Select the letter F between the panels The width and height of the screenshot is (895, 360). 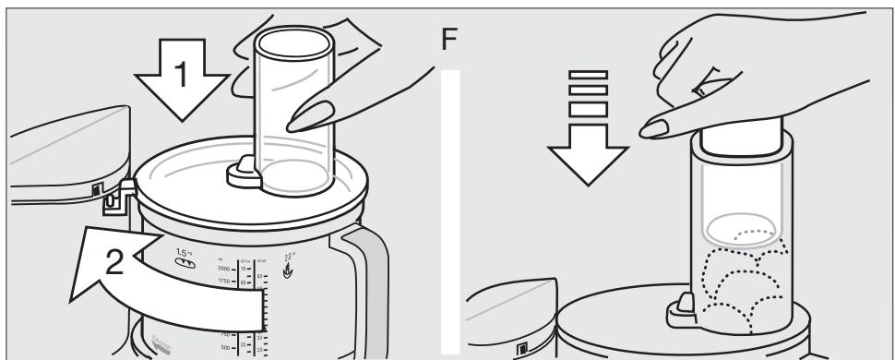[x=451, y=42]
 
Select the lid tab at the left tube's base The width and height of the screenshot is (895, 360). [x=241, y=169]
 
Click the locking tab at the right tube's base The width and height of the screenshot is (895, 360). [x=682, y=306]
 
